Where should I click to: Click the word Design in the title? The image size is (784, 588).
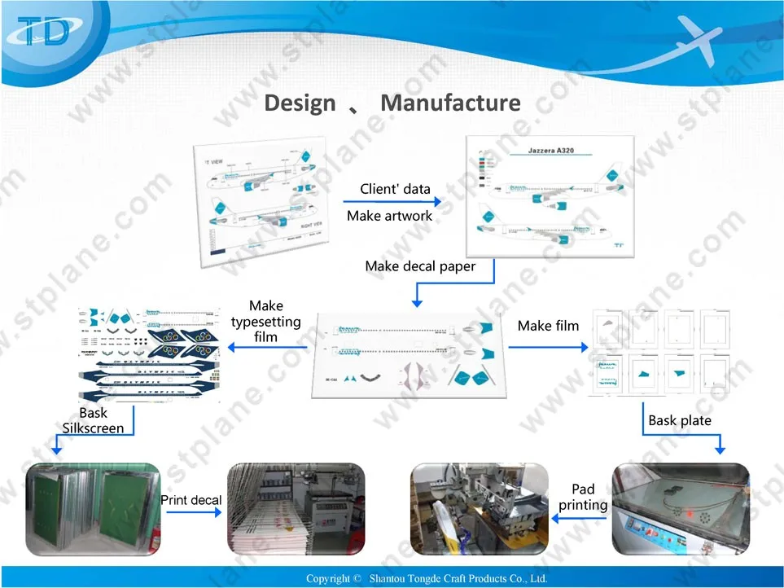pos(300,103)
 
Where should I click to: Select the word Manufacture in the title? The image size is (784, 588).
pos(450,103)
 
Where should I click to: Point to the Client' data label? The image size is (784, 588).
pos(395,189)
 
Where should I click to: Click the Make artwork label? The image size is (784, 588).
pos(390,216)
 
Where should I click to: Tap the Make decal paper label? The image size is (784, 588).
pos(420,266)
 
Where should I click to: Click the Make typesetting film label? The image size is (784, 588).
pos(265,321)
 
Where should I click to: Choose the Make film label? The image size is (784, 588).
pos(548,326)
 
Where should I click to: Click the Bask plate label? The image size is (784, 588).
pos(680,421)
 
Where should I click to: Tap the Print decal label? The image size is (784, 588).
pos(191,499)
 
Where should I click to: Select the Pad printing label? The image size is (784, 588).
pos(583,497)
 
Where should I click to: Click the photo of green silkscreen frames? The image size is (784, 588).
pos(93,507)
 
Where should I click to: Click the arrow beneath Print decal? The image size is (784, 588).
pos(192,513)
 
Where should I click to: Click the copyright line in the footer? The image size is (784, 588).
pos(427,578)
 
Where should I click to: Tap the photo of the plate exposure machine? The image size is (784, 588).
pos(680,507)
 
